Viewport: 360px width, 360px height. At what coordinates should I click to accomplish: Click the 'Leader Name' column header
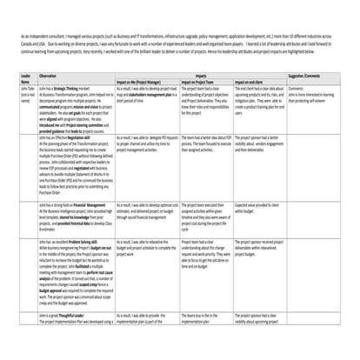tap(27, 77)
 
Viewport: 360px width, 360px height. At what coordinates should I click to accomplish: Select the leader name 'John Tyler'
tap(28, 88)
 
